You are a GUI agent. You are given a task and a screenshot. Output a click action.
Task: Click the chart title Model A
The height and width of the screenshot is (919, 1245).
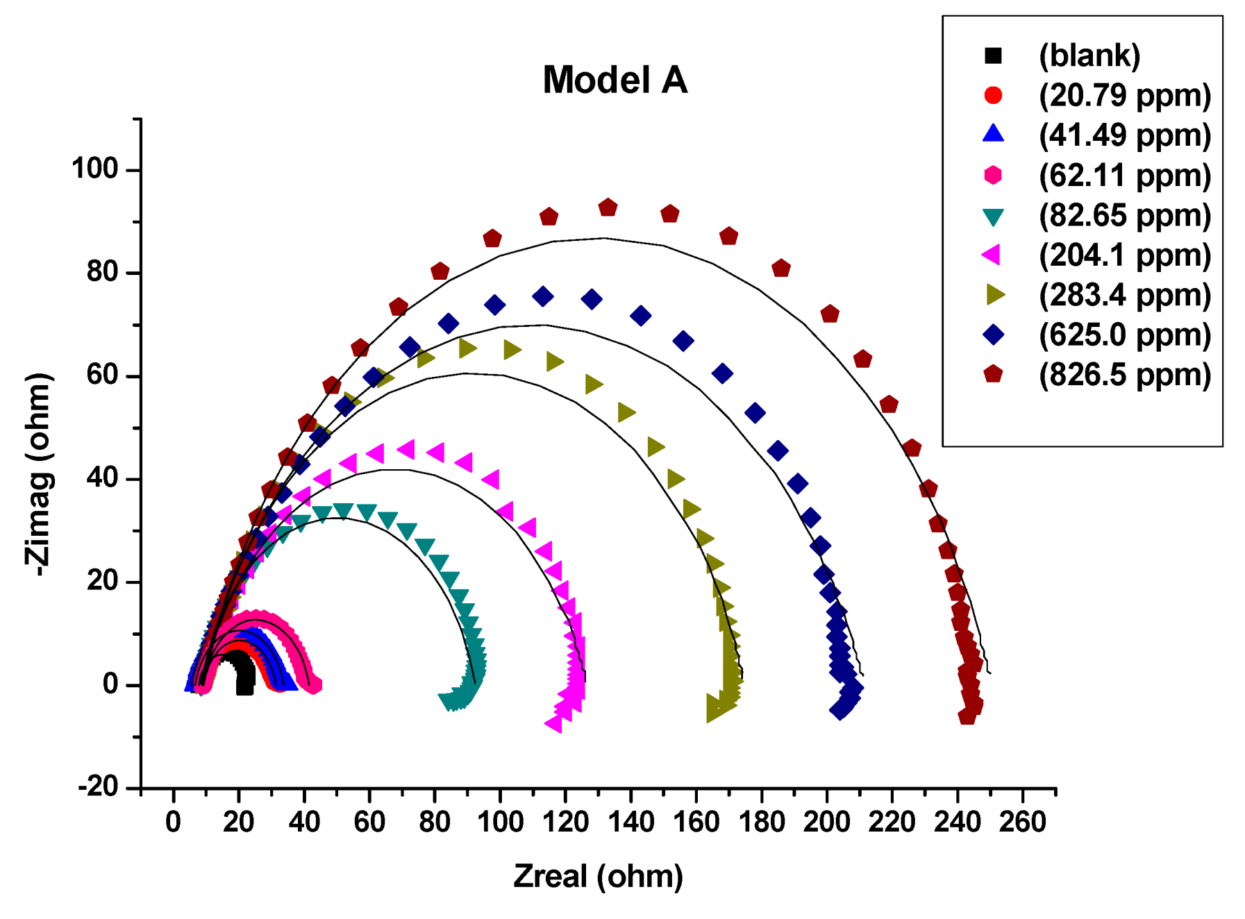(615, 80)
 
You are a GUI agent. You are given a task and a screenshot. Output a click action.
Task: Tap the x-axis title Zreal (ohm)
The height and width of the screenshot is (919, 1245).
(598, 876)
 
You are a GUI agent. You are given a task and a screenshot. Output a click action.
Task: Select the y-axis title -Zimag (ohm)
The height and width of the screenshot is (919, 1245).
(39, 474)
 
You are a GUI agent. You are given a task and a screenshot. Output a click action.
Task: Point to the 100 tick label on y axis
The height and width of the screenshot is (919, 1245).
(95, 169)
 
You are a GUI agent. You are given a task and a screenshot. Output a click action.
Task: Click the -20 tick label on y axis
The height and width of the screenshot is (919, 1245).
(98, 787)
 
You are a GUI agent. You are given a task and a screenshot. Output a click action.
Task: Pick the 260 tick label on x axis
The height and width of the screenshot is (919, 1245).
(1022, 823)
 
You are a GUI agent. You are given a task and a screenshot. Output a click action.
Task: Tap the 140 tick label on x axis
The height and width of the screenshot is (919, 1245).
(630, 823)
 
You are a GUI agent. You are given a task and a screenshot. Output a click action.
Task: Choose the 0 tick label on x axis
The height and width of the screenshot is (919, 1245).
(173, 823)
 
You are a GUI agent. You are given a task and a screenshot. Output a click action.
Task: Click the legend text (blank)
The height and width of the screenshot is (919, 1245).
(1089, 56)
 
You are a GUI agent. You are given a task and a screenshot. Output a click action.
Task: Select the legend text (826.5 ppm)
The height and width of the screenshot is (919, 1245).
(1124, 375)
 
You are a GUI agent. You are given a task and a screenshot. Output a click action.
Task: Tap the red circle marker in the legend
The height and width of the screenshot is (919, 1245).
(993, 95)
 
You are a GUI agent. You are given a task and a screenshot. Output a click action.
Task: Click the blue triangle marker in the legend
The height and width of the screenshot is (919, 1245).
(993, 134)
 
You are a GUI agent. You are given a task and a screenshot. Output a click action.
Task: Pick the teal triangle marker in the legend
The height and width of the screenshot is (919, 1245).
(993, 217)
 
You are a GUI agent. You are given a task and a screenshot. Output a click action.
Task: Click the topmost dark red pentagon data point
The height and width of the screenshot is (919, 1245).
(608, 208)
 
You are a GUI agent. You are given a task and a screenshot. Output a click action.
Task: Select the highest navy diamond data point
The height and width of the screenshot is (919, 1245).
(543, 297)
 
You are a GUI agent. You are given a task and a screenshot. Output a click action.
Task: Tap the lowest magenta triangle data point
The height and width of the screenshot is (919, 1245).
(553, 725)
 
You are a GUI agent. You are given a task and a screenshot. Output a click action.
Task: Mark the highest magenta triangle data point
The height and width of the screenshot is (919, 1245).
(406, 450)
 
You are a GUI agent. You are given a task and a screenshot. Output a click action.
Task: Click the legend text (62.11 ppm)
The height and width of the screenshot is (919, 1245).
(1124, 176)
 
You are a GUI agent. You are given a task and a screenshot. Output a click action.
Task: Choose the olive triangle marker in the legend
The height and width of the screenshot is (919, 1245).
(994, 295)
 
